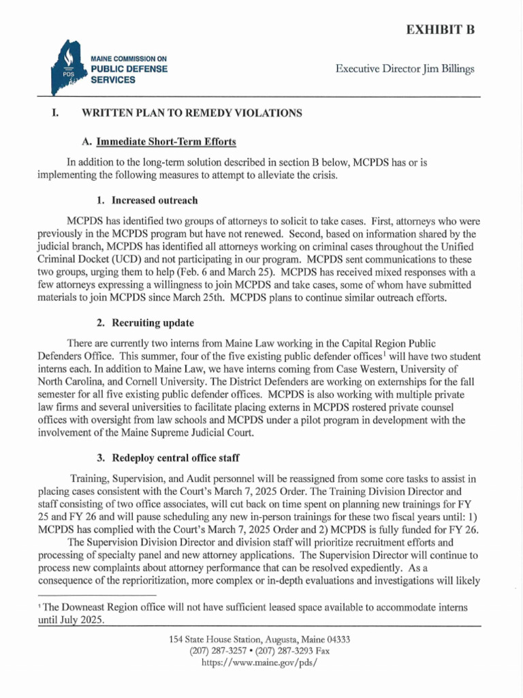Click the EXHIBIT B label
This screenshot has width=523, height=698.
tap(440, 29)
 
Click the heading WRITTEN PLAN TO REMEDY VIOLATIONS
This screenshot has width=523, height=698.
tap(191, 113)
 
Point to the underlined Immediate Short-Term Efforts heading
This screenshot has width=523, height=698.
tap(166, 142)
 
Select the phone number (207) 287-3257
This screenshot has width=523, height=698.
tap(216, 651)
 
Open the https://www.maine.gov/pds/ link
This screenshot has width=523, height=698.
tap(261, 663)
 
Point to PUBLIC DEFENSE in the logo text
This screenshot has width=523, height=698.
tap(129, 70)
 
